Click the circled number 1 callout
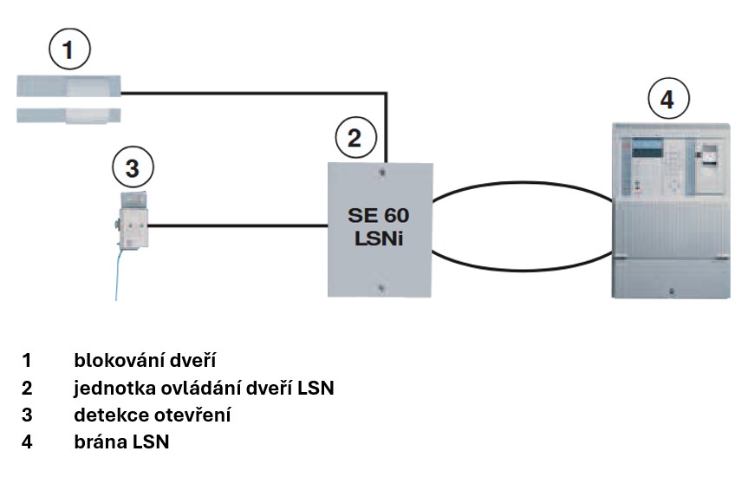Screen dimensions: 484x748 point(72,50)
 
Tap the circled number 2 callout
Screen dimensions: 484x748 point(354,136)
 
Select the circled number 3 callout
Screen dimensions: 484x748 point(131,167)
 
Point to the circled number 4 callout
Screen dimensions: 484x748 point(666,100)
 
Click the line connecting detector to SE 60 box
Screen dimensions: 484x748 point(238,227)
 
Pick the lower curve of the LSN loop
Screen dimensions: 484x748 point(520,270)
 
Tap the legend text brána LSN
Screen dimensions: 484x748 point(121,441)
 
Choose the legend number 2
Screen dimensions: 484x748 point(28,388)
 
